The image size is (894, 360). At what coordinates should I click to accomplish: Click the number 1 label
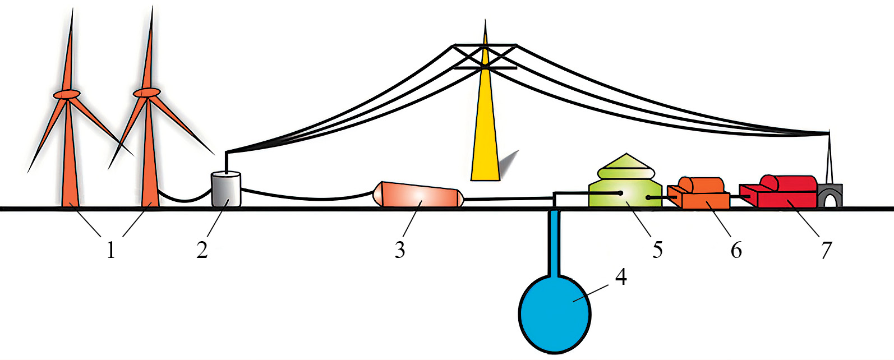[x=111, y=250]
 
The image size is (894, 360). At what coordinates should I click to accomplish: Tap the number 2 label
[x=202, y=250]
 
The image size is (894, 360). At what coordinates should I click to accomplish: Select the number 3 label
[x=399, y=250]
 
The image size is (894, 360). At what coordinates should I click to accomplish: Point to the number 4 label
[x=620, y=276]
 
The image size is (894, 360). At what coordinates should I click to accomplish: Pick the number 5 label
[x=657, y=250]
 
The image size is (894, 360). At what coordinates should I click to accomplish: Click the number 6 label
[x=736, y=250]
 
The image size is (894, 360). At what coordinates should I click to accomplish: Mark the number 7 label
[x=826, y=250]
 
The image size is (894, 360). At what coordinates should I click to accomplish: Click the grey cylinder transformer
[x=226, y=189]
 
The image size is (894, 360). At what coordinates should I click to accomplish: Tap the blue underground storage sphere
[x=554, y=311]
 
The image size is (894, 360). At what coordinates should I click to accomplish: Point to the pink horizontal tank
[x=420, y=195]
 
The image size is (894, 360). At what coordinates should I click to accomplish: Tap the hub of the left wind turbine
[x=67, y=95]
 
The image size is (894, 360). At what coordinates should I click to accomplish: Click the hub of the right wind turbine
[x=147, y=92]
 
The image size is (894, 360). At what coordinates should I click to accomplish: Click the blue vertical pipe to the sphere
[x=554, y=241]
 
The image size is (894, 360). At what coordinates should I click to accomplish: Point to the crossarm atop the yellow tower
[x=485, y=56]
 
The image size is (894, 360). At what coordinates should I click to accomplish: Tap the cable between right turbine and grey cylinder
[x=185, y=199]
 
